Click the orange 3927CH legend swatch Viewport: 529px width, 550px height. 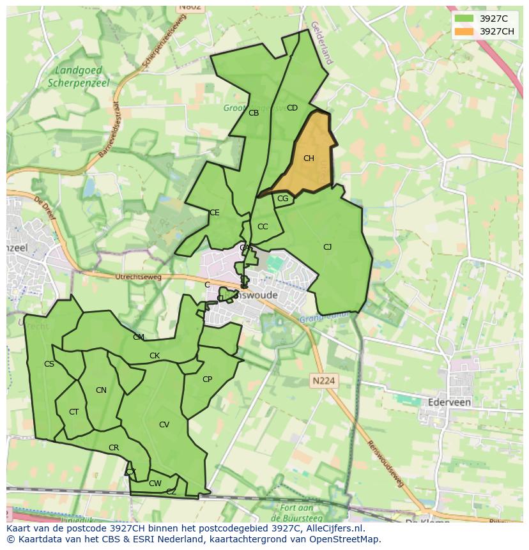point(464,31)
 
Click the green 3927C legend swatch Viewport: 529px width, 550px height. point(464,19)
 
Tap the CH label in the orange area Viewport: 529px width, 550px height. point(309,158)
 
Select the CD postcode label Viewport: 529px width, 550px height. point(292,108)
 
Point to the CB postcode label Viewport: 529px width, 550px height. point(254,113)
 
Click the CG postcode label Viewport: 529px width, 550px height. point(283,199)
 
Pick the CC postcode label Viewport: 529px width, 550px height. point(263,227)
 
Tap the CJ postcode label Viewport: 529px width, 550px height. point(327,247)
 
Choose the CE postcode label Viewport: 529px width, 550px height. point(215,213)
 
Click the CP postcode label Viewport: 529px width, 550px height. point(207,379)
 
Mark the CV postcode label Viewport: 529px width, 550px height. point(164,425)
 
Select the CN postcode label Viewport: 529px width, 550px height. point(101,390)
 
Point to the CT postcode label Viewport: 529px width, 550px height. point(73,412)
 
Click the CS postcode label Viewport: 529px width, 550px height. point(49,364)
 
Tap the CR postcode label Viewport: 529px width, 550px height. point(114,448)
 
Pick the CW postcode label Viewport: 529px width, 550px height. point(155,484)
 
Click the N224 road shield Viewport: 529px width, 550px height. point(324,381)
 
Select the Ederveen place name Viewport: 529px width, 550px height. point(449,402)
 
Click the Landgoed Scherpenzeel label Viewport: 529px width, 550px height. point(79,77)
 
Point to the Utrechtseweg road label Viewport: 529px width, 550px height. point(139,277)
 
